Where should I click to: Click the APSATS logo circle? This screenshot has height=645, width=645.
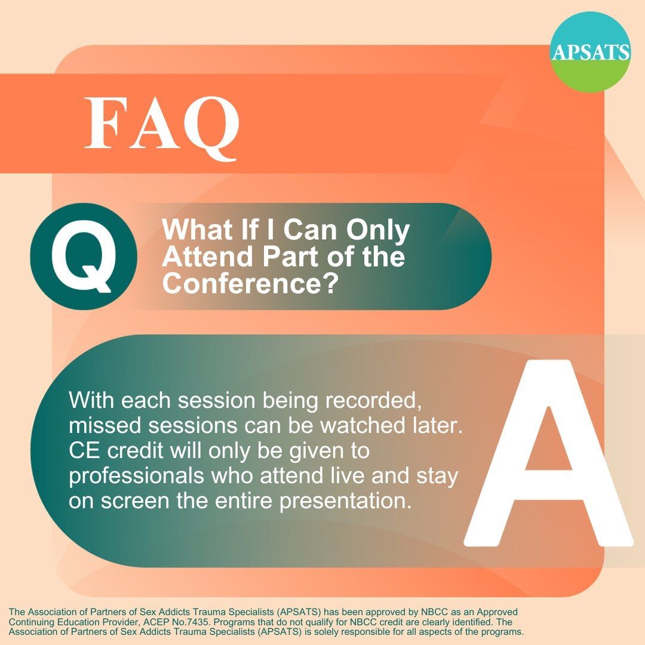point(590,52)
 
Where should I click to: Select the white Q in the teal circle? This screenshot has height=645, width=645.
point(84,256)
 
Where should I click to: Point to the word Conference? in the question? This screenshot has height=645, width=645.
point(247,282)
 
